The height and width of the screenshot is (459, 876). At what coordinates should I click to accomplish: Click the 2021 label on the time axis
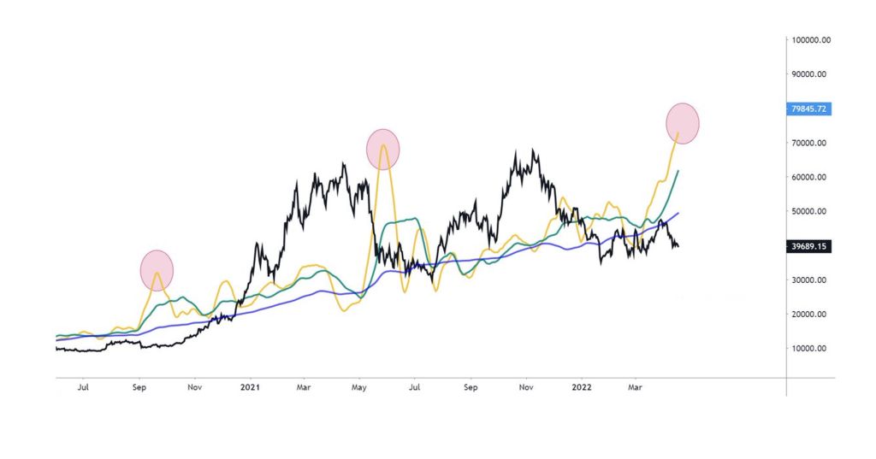coord(251,387)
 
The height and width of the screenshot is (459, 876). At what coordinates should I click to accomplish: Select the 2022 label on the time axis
coord(581,387)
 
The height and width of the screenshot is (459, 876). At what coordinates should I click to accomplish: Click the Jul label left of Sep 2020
coord(83,387)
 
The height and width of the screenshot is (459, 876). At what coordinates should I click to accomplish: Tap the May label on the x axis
coord(359,387)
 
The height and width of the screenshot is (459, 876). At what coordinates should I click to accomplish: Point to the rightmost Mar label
coord(635,387)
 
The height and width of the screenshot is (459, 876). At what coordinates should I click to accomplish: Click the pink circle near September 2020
coord(157,269)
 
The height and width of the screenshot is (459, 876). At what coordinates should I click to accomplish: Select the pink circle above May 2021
coord(383,148)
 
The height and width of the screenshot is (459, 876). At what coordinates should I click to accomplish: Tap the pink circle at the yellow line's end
coord(683,122)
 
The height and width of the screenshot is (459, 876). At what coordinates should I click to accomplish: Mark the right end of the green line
coord(678,171)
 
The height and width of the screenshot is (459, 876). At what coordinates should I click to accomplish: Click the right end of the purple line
coord(678,214)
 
